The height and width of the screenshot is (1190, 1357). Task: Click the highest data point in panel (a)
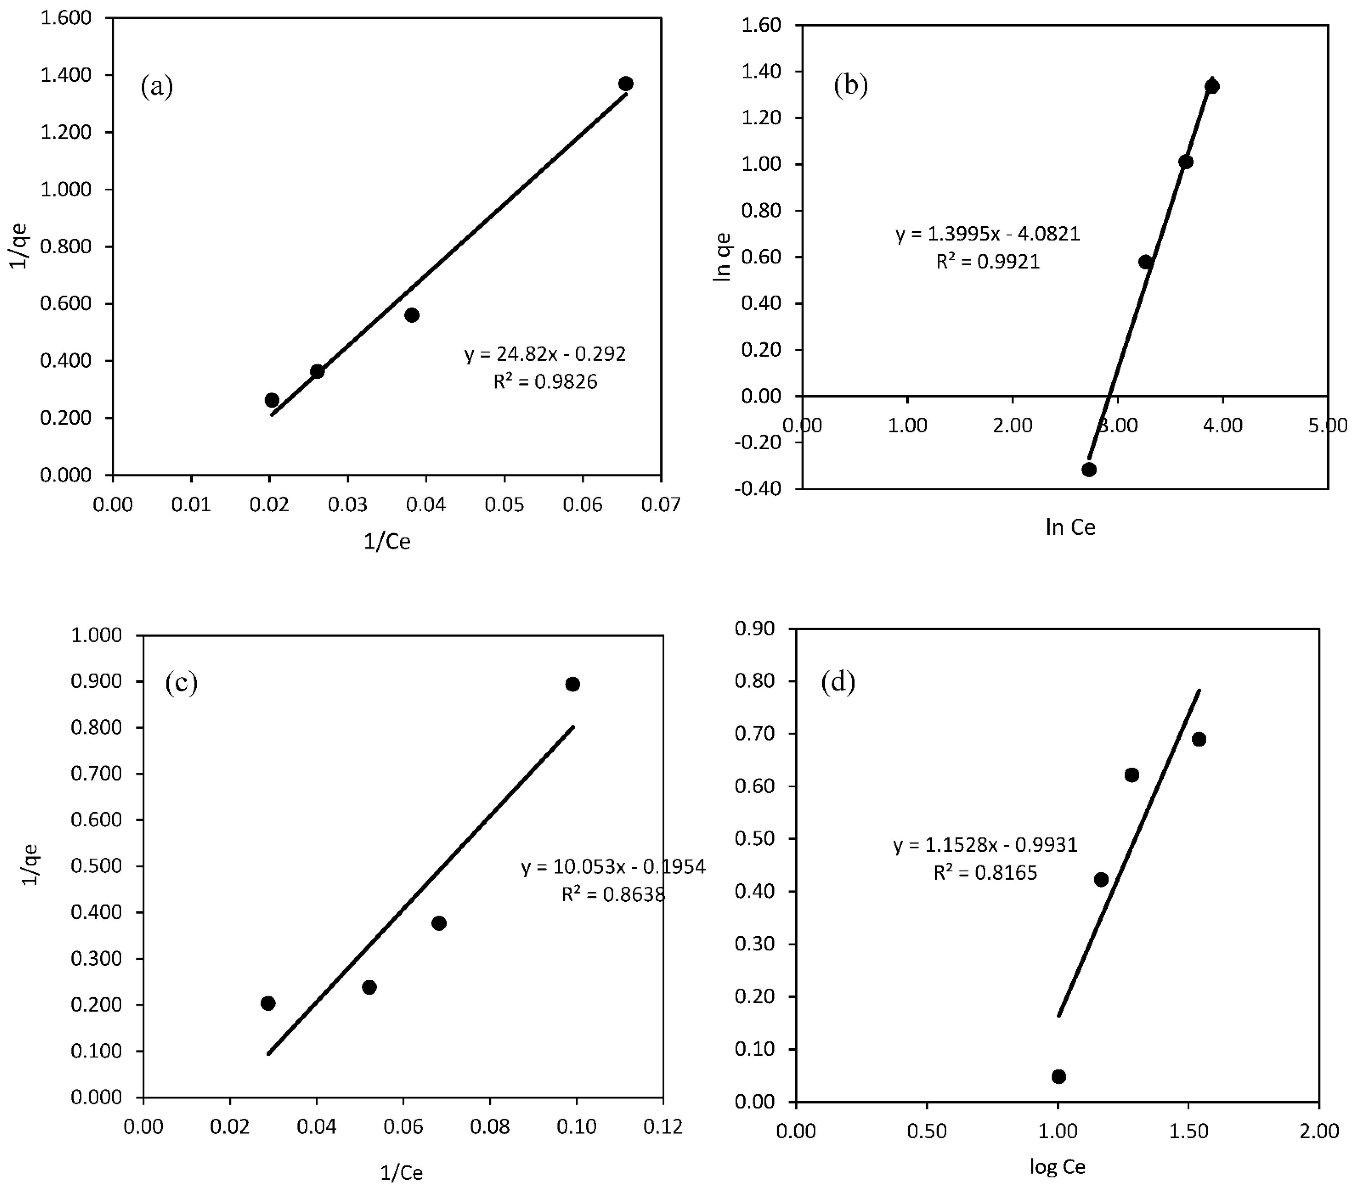625,84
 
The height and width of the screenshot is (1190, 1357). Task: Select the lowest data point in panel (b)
1089,469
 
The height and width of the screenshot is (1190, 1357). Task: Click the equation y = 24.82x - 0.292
544,354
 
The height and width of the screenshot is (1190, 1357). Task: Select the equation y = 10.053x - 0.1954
613,867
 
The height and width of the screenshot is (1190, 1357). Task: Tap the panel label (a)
157,86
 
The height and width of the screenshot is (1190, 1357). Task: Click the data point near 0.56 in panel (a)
412,315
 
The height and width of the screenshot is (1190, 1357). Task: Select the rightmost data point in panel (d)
1199,739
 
